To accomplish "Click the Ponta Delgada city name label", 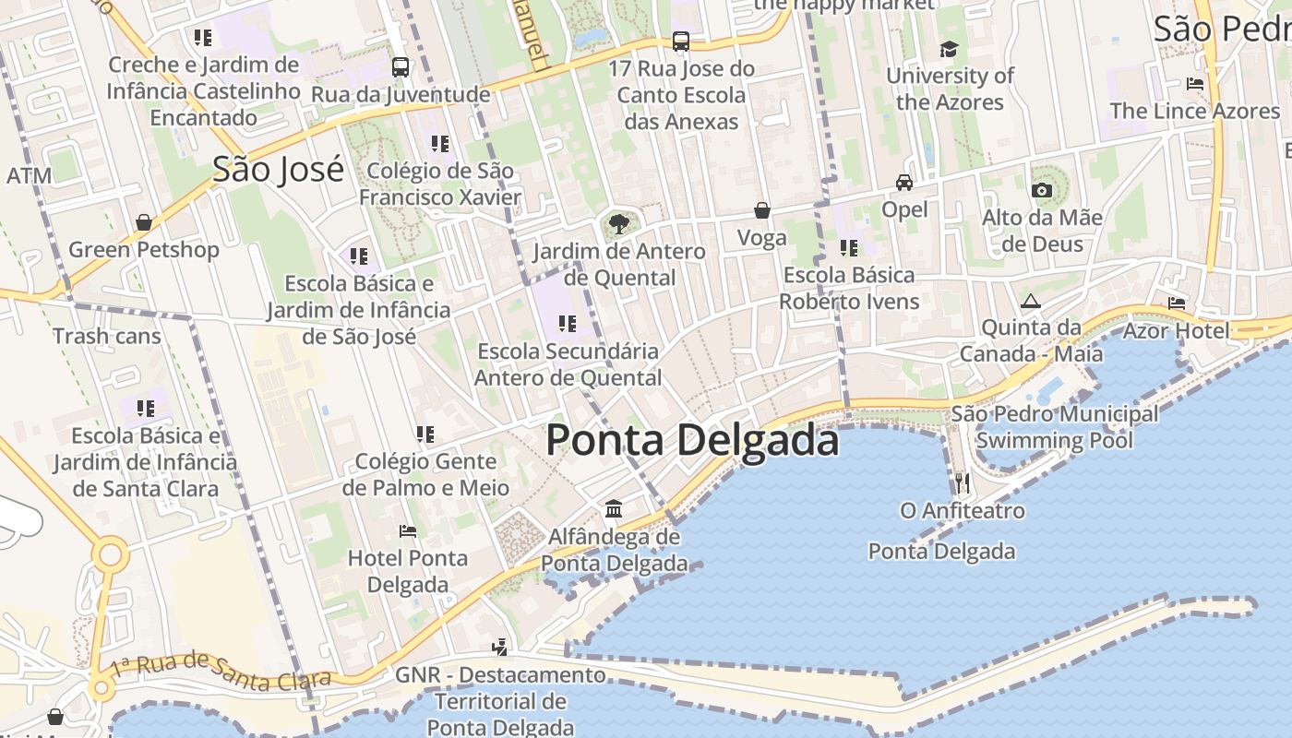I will pyautogui.click(x=692, y=440).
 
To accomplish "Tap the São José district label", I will pyautogui.click(x=278, y=170).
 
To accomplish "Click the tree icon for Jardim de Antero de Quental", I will pyautogui.click(x=619, y=222).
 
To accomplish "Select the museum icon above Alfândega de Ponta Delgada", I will pyautogui.click(x=614, y=508).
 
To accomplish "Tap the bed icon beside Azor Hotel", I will pyautogui.click(x=1176, y=303).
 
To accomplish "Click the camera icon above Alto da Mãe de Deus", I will pyautogui.click(x=1042, y=190).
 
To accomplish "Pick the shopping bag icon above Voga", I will pyautogui.click(x=762, y=210).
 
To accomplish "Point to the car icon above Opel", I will pyautogui.click(x=904, y=183).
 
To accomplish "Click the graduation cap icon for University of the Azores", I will pyautogui.click(x=949, y=49).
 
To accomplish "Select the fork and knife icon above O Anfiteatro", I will pyautogui.click(x=963, y=482).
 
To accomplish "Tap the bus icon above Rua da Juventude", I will pyautogui.click(x=401, y=67).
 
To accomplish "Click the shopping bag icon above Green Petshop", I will pyautogui.click(x=144, y=222).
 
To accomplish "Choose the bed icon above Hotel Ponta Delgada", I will pyautogui.click(x=407, y=530).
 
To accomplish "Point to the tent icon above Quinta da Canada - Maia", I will pyautogui.click(x=1030, y=301).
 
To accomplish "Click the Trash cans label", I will pyautogui.click(x=107, y=336).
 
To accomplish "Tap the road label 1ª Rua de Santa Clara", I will pyautogui.click(x=220, y=671).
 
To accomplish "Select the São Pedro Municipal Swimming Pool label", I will pyautogui.click(x=1054, y=426).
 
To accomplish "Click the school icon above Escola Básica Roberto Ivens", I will pyautogui.click(x=849, y=247).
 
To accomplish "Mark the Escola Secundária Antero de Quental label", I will pyautogui.click(x=568, y=364).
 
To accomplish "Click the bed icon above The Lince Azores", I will pyautogui.click(x=1195, y=84).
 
